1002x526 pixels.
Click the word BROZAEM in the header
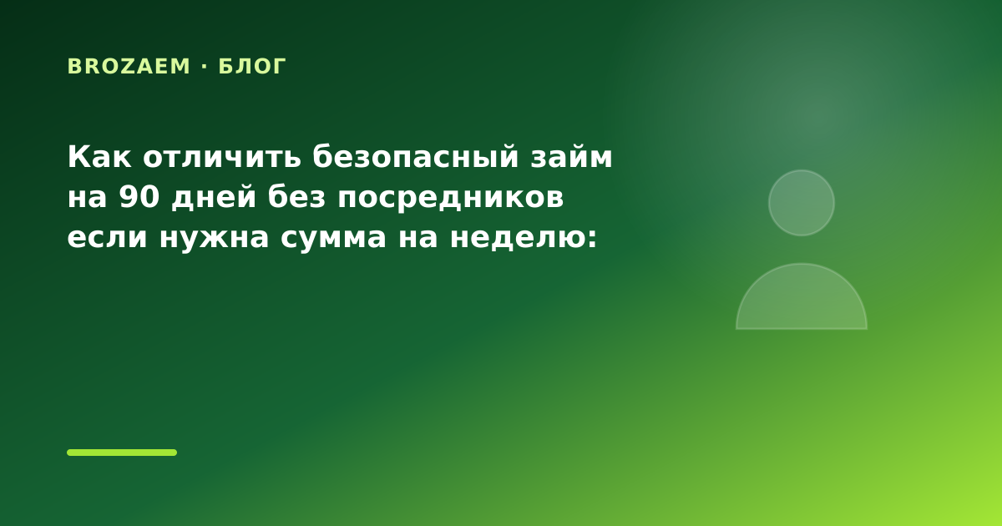(x=129, y=66)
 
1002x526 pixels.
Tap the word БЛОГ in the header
(x=252, y=66)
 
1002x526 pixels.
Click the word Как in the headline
(x=99, y=157)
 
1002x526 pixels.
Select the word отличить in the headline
(x=222, y=157)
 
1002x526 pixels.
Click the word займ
(x=571, y=157)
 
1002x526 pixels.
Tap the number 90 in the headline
(x=139, y=197)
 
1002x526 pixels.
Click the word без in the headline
(x=296, y=196)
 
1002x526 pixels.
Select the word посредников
(x=450, y=198)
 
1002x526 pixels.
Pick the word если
(x=108, y=237)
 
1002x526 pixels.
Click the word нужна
(x=215, y=237)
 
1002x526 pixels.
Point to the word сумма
(x=333, y=237)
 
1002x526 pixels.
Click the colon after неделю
(x=592, y=238)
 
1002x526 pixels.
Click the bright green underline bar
(x=122, y=453)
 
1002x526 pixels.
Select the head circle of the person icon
(x=802, y=203)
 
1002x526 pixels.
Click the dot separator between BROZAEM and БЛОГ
(x=205, y=66)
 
